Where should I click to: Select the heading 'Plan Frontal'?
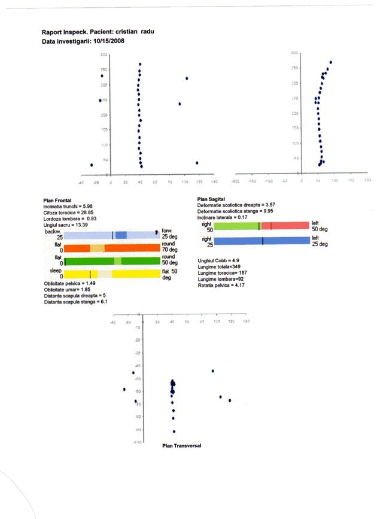pos(57,201)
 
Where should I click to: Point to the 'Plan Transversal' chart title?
pos(181,446)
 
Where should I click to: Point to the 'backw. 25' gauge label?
pos(54,235)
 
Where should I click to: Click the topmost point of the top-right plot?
pos(331,62)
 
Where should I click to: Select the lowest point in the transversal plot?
pos(174,431)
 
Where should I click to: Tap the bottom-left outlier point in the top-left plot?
pos(92,165)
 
